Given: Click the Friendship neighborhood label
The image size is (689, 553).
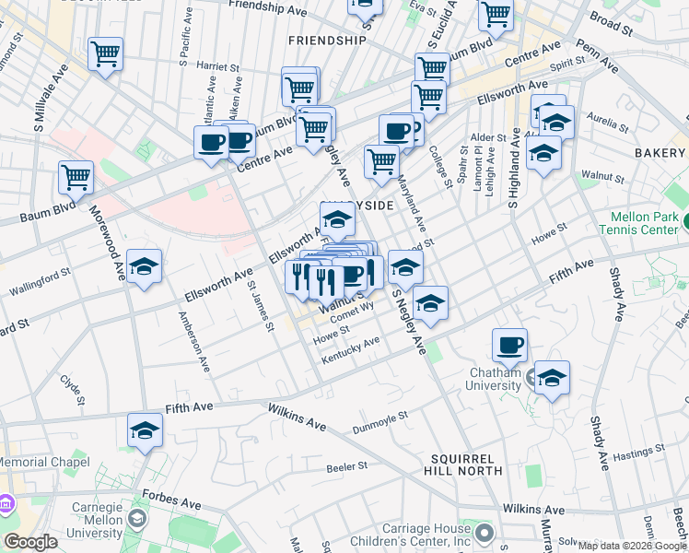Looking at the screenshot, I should pos(327,41).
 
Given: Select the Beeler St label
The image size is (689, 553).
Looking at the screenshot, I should pos(347,468).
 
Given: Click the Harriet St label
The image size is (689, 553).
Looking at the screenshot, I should pos(217,66).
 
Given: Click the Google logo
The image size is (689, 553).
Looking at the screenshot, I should pos(31,542).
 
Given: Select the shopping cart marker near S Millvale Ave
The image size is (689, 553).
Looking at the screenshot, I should pos(76,177).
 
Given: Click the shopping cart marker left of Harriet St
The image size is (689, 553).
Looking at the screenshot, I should pos(106,53).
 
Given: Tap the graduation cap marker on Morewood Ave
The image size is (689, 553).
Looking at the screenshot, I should pos(144,266).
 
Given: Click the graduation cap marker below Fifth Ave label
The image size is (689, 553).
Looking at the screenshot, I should pos(145,430).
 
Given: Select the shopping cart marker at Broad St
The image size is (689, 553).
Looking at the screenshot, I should pos(496,14).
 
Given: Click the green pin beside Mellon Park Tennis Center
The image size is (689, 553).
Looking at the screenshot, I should pos(685,221).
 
